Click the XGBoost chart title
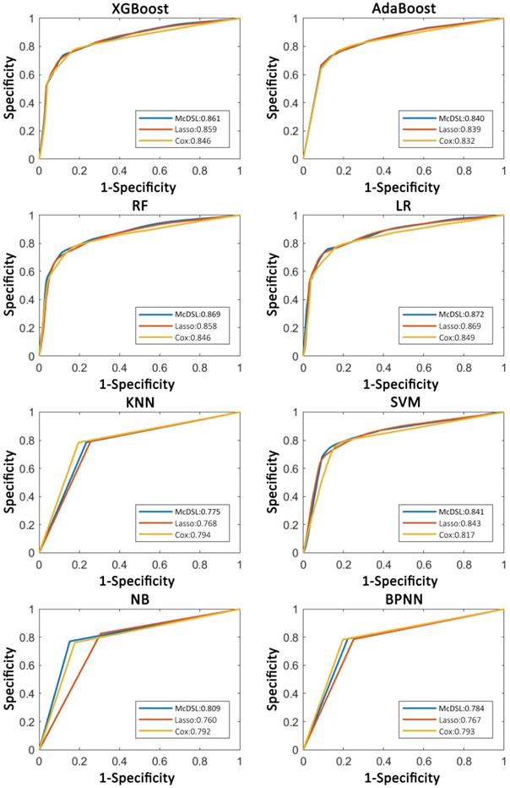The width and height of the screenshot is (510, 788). (139, 8)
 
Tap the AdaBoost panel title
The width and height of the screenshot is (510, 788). (403, 8)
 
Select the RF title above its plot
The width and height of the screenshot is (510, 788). (139, 205)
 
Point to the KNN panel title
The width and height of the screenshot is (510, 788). (139, 402)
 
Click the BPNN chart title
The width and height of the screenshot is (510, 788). (403, 599)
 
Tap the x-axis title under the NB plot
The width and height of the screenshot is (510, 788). (139, 778)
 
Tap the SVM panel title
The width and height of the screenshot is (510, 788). (403, 402)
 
